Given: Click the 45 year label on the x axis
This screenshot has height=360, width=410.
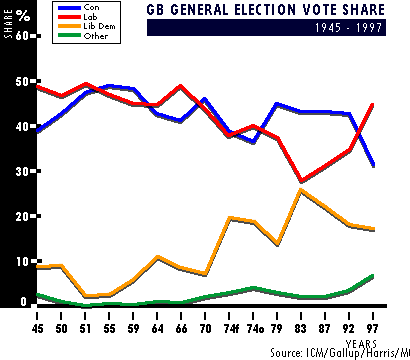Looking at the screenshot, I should pyautogui.click(x=37, y=329).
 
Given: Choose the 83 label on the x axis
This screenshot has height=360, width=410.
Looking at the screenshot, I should pyautogui.click(x=301, y=329).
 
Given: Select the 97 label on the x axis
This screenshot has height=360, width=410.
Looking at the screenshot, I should pyautogui.click(x=372, y=329).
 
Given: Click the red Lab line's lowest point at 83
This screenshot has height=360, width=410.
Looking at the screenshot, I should pyautogui.click(x=301, y=181).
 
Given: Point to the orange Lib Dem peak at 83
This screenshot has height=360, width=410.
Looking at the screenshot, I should pyautogui.click(x=301, y=190).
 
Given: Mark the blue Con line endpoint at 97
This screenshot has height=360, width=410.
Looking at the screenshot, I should pyautogui.click(x=372, y=165).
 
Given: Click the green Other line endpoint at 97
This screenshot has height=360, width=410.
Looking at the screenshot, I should pyautogui.click(x=372, y=276).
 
